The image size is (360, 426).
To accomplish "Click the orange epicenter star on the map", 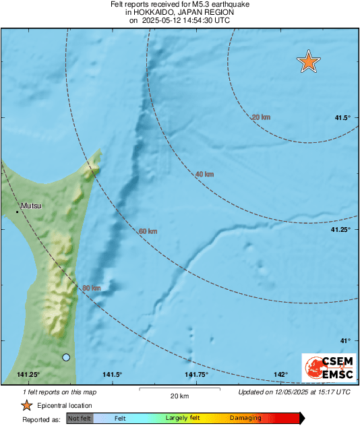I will click(x=308, y=61).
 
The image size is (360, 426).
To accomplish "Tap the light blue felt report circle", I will click(x=66, y=357).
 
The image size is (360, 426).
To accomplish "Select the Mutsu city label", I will click(x=31, y=206).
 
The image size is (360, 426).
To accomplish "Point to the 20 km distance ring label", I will click(x=261, y=117).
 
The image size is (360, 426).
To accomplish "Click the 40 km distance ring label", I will click(x=204, y=175).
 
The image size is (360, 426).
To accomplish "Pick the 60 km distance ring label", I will click(x=148, y=232).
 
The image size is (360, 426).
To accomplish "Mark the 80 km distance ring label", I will click(x=91, y=288).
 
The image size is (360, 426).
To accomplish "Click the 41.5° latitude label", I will click(x=342, y=118).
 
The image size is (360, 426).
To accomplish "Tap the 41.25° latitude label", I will click(x=340, y=230).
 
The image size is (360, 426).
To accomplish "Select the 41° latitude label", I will click(x=345, y=341).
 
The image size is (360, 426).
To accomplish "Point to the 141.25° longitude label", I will click(x=28, y=375).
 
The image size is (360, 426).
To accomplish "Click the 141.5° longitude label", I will click(x=112, y=375).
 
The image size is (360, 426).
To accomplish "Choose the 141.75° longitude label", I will click(x=196, y=375).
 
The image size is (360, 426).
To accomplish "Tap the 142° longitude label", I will click(x=281, y=375).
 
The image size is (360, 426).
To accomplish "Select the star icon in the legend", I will click(x=26, y=405).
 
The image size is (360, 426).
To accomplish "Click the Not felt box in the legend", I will click(x=80, y=419).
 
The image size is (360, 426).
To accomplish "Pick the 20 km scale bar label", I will click(x=179, y=396).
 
